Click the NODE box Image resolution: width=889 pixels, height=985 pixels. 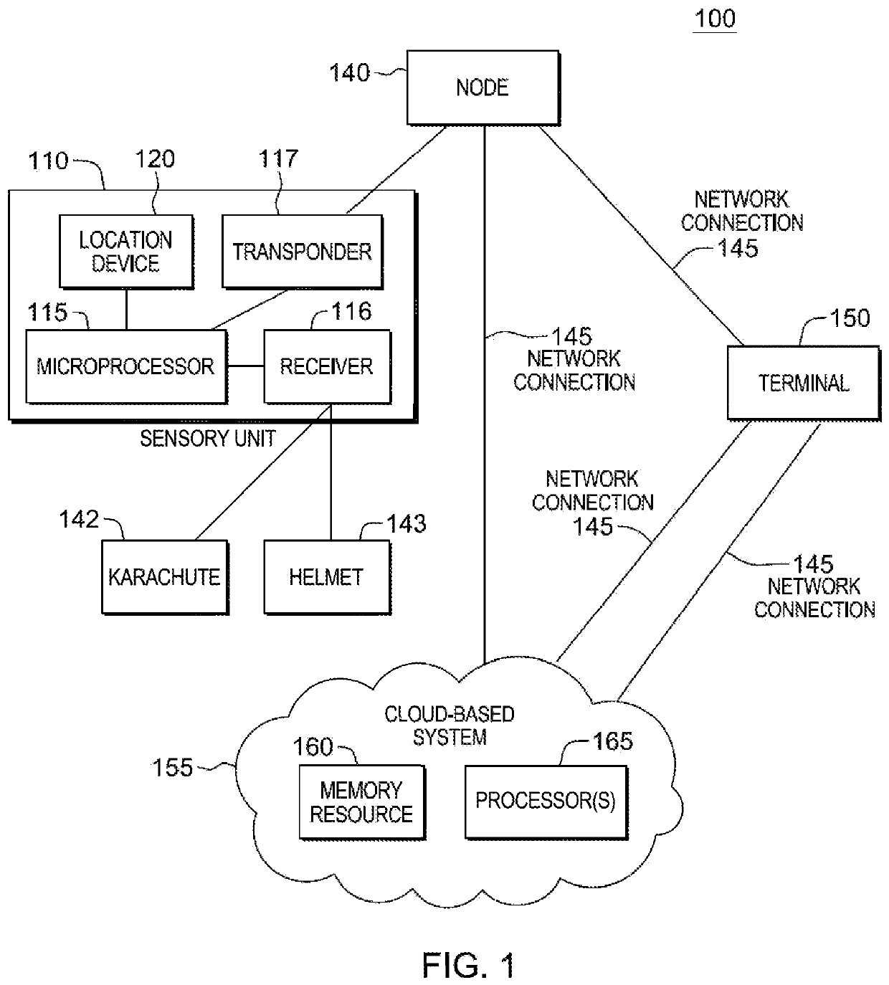click(483, 87)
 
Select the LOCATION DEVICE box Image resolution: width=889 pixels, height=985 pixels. click(126, 252)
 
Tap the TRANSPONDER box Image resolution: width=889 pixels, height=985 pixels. click(303, 252)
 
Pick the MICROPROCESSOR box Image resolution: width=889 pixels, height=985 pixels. click(126, 367)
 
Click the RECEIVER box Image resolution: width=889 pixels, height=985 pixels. click(328, 367)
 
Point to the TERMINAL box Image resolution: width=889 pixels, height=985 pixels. click(804, 383)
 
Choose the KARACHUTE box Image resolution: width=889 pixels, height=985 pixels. click(165, 577)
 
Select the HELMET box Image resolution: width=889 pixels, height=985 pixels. click(328, 577)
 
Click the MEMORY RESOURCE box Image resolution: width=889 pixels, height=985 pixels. click(363, 802)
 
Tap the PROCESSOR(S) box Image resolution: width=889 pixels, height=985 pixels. click(546, 802)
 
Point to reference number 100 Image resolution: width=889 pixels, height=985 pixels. click(715, 19)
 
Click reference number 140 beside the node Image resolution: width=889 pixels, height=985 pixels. click(349, 72)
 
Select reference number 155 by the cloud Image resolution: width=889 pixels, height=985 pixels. click(172, 768)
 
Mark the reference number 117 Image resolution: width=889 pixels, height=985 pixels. click(278, 158)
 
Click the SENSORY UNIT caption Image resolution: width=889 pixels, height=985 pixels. click(208, 439)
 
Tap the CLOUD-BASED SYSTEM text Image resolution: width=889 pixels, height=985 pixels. click(450, 725)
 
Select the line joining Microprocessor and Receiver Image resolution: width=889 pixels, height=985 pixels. click(246, 366)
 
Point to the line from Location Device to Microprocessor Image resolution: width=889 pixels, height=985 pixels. click(126, 309)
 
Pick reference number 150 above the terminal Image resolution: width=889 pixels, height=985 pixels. click(850, 318)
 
